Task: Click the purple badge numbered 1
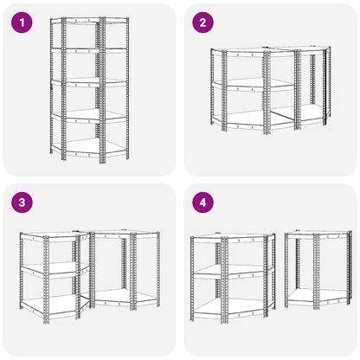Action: pyautogui.click(x=22, y=22)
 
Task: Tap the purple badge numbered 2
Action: pyautogui.click(x=203, y=22)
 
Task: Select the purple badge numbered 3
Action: pyautogui.click(x=22, y=202)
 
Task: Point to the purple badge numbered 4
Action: pyautogui.click(x=203, y=202)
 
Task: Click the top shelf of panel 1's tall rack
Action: pyautogui.click(x=89, y=20)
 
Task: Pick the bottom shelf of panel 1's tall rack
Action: pyautogui.click(x=89, y=148)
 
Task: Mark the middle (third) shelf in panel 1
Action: pyautogui.click(x=89, y=82)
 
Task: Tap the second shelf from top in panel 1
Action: pyautogui.click(x=89, y=50)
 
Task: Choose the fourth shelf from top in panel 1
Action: pyautogui.click(x=89, y=115)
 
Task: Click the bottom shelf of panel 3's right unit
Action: pyautogui.click(x=126, y=297)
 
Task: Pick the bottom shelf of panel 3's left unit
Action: pyautogui.click(x=55, y=304)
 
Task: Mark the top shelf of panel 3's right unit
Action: pyautogui.click(x=125, y=234)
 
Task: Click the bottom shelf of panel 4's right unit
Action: pyautogui.click(x=318, y=297)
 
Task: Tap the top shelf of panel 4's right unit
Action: pyautogui.click(x=318, y=234)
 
